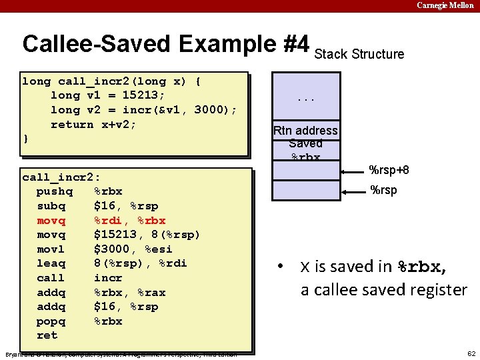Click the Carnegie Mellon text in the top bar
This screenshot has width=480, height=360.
[x=445, y=5]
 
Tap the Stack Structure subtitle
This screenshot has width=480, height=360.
[x=359, y=54]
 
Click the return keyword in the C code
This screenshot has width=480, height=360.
[x=72, y=124]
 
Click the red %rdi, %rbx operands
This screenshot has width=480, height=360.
[x=129, y=221]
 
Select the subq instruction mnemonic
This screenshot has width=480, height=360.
[x=51, y=206]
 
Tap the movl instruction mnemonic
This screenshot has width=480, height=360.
[x=51, y=249]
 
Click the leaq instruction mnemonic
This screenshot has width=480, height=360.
[x=51, y=263]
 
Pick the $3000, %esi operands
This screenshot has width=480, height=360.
[x=133, y=249]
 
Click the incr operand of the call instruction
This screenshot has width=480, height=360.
[x=108, y=278]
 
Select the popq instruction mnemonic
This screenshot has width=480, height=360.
[x=51, y=321]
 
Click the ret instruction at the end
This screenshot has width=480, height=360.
[x=47, y=335]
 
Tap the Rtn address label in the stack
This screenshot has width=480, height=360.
[x=306, y=131]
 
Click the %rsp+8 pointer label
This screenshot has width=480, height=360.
[x=389, y=170]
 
